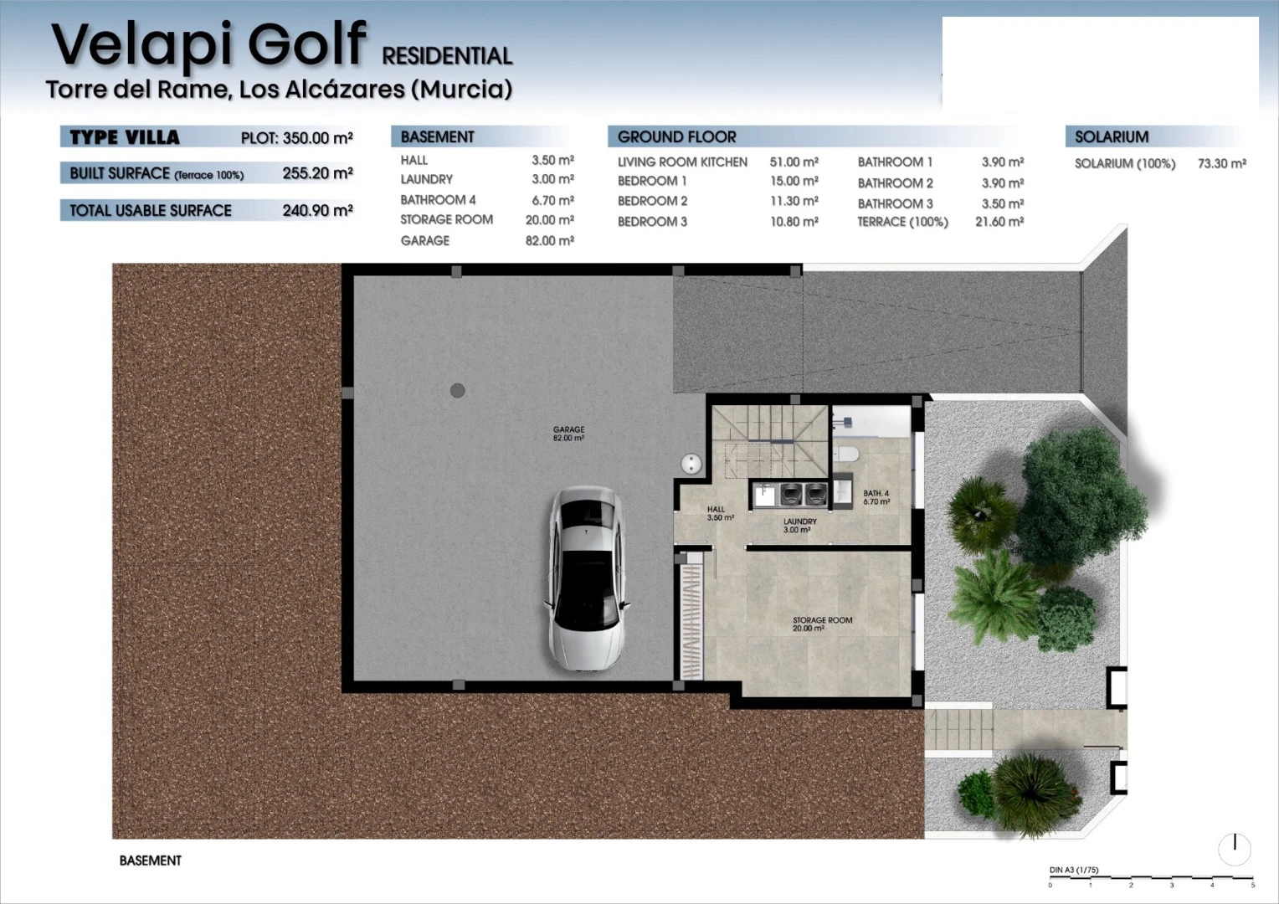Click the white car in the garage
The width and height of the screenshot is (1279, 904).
(587, 578)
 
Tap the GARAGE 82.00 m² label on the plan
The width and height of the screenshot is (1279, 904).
(568, 434)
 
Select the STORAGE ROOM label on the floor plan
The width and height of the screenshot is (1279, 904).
(822, 624)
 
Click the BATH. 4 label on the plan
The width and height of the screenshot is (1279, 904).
(876, 497)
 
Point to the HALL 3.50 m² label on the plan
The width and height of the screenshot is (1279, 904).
(720, 513)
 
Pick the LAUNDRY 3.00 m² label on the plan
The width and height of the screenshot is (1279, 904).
(799, 526)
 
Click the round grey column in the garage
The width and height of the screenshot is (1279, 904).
(457, 391)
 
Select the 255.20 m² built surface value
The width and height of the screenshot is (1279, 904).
(317, 173)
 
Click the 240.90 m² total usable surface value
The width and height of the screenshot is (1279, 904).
(317, 211)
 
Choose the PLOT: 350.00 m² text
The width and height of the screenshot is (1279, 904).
(297, 138)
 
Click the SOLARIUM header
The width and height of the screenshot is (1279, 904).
(1111, 137)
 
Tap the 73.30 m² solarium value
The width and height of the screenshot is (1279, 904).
(1221, 164)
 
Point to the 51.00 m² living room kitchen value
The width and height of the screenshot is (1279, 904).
(794, 162)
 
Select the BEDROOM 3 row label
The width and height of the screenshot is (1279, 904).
(652, 222)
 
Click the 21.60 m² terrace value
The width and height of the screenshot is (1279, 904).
(999, 222)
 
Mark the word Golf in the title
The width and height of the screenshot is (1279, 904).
(306, 44)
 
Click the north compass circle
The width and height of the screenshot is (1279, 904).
(1235, 850)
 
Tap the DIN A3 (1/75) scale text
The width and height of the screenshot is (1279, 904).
(1073, 871)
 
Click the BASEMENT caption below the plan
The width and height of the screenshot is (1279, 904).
(150, 860)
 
